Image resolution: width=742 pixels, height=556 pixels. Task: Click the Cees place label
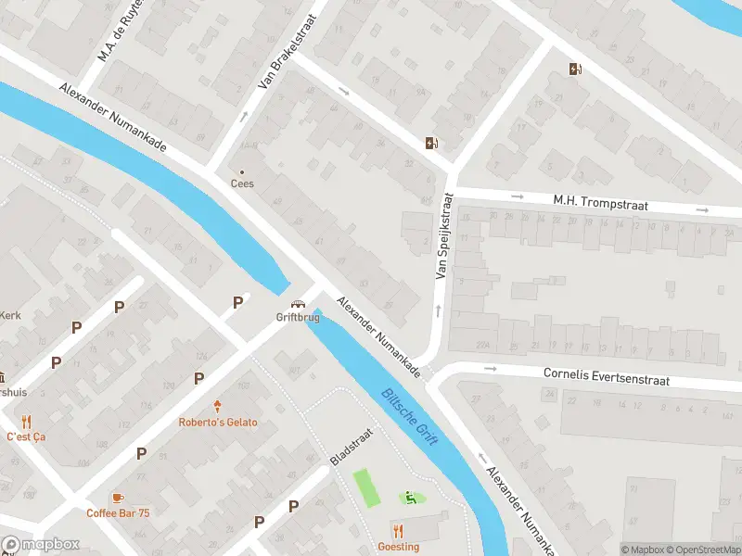click(242, 183)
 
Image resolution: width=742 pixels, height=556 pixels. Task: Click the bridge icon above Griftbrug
click(298, 304)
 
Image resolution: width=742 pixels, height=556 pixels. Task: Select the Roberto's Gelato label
click(218, 423)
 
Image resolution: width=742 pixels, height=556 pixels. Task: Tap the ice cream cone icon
click(218, 407)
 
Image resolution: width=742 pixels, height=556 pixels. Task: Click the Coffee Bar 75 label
click(118, 513)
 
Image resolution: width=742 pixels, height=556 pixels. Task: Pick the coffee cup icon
click(117, 498)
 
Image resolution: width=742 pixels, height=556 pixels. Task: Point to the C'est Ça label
click(25, 436)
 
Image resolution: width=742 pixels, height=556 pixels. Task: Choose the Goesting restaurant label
click(399, 547)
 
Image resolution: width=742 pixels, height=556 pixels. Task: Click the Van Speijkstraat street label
click(443, 236)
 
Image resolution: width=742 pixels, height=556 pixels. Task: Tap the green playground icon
click(410, 499)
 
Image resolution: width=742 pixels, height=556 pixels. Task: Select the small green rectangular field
click(366, 487)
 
